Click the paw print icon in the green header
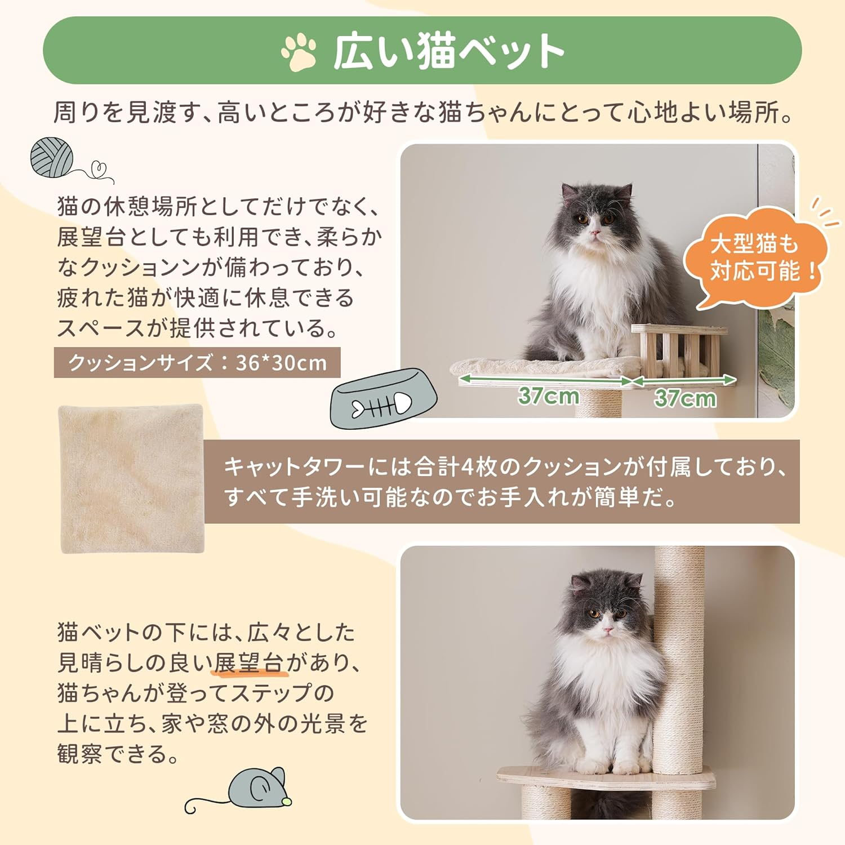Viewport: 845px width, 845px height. [299, 52]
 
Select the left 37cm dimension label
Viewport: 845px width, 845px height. [548, 396]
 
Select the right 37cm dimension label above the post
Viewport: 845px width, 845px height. [685, 398]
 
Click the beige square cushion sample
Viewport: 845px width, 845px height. [131, 479]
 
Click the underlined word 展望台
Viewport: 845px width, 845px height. [248, 663]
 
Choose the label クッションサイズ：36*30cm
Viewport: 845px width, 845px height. [197, 363]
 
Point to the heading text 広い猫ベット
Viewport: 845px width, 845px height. [448, 52]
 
